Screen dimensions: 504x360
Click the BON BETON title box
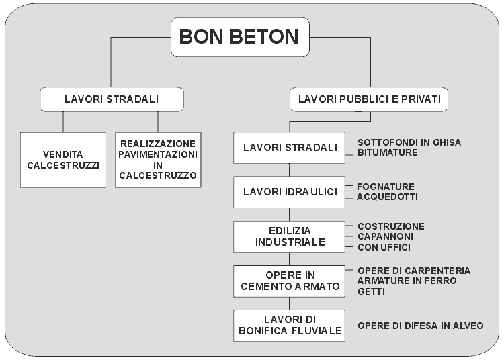[x=240, y=37]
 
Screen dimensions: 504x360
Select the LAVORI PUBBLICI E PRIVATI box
[x=369, y=99]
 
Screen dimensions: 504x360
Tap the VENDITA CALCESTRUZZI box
[x=63, y=160]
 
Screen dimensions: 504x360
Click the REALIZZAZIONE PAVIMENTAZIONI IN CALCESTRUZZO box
[x=158, y=160]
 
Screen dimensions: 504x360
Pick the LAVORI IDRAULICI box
[x=289, y=192]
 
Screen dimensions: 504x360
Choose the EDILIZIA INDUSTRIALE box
[x=289, y=236]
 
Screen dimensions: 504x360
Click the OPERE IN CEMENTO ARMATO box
[x=289, y=281]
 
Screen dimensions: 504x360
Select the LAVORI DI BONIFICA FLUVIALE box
[x=289, y=325]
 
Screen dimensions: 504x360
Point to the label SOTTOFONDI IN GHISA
[x=409, y=142]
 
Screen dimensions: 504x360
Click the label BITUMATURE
[x=388, y=152]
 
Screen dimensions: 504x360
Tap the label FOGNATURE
[x=386, y=187]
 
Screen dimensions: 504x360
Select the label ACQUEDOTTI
[x=387, y=197]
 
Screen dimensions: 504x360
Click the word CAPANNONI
[x=386, y=236]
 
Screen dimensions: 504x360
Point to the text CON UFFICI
[x=384, y=247]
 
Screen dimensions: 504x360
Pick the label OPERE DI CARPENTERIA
[x=414, y=271]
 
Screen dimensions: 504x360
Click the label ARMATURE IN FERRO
[x=407, y=281]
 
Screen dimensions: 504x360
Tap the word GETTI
[x=371, y=291]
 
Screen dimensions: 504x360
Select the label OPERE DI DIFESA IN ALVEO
[x=421, y=326]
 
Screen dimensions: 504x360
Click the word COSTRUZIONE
[x=391, y=226]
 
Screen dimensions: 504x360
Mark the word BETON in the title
[x=265, y=36]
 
